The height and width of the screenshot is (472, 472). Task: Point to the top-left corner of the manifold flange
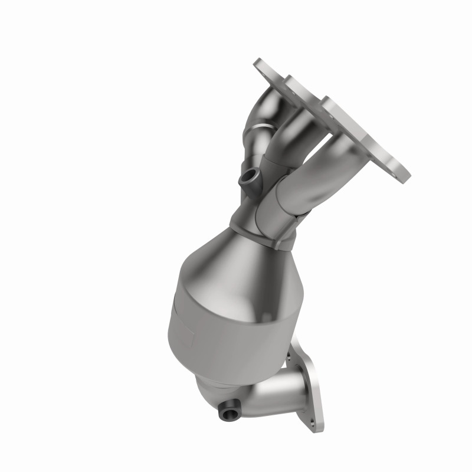[x=258, y=64]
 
